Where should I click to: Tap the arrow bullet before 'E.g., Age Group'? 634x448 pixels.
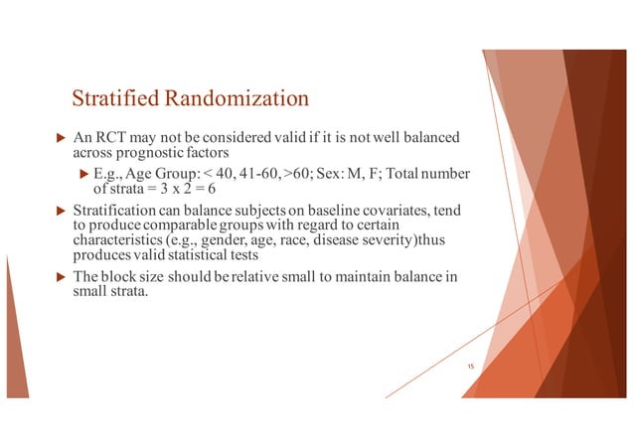coord(83,175)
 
